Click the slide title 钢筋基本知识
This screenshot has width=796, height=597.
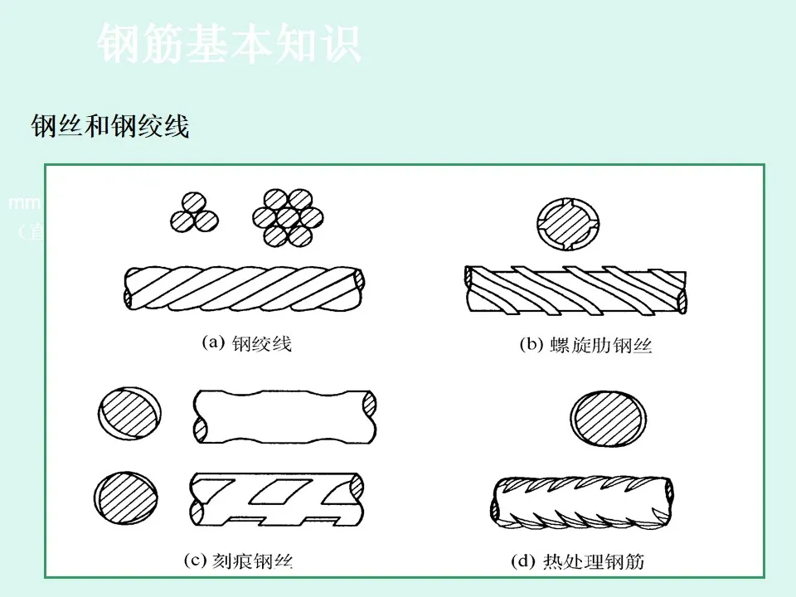(x=230, y=44)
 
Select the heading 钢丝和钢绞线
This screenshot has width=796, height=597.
(x=110, y=127)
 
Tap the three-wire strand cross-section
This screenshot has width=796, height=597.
(x=193, y=213)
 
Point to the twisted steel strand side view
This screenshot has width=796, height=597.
(x=245, y=287)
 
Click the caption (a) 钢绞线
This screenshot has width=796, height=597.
(x=247, y=343)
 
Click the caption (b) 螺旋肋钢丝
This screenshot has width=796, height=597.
(x=585, y=346)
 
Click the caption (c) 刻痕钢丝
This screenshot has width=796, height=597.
(x=238, y=561)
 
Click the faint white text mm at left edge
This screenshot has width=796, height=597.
(x=18, y=203)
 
